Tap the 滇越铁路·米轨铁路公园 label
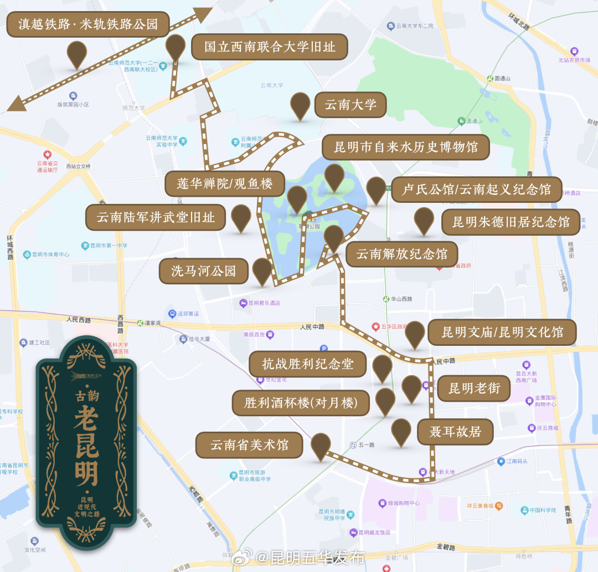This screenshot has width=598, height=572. [88, 25]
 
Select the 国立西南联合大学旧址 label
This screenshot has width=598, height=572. [270, 47]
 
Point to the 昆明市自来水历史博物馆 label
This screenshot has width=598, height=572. [406, 147]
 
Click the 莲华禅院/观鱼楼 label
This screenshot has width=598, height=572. [225, 184]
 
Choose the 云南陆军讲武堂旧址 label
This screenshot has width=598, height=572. [156, 217]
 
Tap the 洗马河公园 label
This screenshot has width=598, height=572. [203, 270]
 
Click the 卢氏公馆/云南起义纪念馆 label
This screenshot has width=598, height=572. [476, 190]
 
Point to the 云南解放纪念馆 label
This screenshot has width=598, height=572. [401, 254]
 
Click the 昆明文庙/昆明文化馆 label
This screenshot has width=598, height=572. [502, 332]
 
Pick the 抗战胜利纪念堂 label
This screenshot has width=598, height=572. [307, 364]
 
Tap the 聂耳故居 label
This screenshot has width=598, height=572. [455, 431]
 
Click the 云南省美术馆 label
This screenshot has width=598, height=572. [250, 445]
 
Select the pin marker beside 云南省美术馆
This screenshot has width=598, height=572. [321, 446]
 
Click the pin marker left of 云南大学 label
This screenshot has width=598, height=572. [301, 105]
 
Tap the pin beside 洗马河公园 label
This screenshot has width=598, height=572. [262, 270]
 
